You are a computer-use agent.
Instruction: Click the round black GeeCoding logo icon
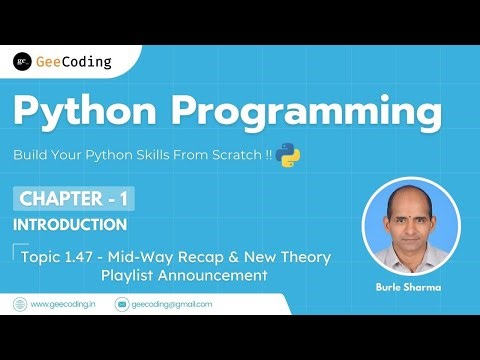(x=21, y=62)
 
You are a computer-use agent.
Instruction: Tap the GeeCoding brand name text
(x=73, y=62)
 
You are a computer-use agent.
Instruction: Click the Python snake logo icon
(x=290, y=155)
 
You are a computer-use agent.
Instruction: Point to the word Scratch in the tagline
(x=227, y=156)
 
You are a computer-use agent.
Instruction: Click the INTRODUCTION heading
(x=70, y=225)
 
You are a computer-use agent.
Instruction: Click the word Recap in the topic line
(x=212, y=257)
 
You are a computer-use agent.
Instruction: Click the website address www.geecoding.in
(x=64, y=304)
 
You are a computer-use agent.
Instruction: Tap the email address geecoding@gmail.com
(x=172, y=304)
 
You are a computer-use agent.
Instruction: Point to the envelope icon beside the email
(x=122, y=304)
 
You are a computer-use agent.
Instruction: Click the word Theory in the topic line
(x=306, y=257)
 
